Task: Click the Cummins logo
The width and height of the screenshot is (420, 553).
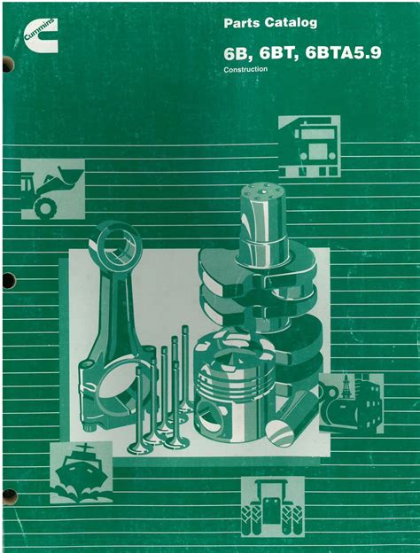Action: tap(41, 35)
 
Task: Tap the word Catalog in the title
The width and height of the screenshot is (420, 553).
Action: tap(291, 23)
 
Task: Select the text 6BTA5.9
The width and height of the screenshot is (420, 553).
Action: tap(343, 53)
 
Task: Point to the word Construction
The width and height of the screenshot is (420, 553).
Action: tap(245, 69)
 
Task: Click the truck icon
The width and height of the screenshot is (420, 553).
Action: tap(309, 146)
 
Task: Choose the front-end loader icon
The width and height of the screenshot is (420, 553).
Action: tap(53, 189)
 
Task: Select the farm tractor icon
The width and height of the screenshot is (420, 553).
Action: tap(272, 506)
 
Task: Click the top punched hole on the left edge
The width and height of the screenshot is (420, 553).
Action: tap(8, 65)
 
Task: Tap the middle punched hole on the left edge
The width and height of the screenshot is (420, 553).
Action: tap(9, 280)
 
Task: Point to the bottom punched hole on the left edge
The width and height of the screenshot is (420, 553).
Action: tap(9, 497)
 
